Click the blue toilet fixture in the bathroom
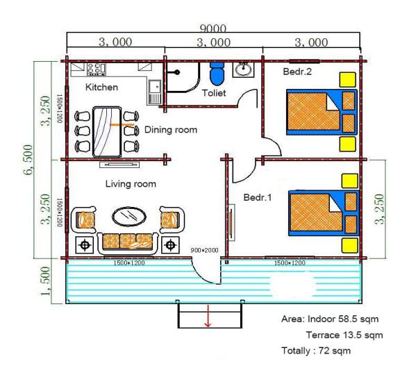click(x=217, y=74)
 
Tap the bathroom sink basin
click(x=244, y=69)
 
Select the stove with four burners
click(x=97, y=69)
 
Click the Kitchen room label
click(x=101, y=87)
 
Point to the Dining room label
click(x=171, y=130)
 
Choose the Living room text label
click(x=131, y=184)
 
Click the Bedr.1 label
click(x=258, y=197)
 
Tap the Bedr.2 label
click(x=297, y=72)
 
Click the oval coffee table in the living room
click(x=129, y=217)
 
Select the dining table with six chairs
click(x=107, y=132)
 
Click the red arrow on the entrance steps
click(x=208, y=316)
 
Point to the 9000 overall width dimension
click(x=213, y=28)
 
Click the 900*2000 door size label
click(x=205, y=250)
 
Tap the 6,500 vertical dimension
click(x=28, y=160)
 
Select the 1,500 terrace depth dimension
click(x=45, y=281)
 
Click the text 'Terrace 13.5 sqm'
click(x=344, y=335)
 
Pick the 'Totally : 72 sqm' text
click(x=316, y=351)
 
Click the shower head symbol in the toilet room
click(x=176, y=72)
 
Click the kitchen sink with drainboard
click(x=154, y=92)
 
